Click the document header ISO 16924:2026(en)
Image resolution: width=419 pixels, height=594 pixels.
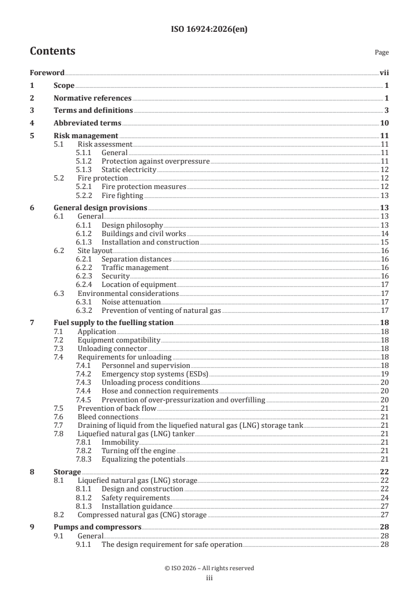tap(209, 30)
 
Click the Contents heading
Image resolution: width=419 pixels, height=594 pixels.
tap(52, 51)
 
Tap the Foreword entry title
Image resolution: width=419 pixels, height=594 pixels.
tap(47, 73)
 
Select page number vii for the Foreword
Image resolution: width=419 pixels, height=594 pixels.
tap(384, 73)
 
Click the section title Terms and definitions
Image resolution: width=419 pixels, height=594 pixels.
tap(93, 110)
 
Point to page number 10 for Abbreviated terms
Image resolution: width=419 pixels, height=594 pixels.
tap(385, 123)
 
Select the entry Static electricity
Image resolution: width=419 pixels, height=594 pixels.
tap(129, 169)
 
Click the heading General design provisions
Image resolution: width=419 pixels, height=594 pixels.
tap(100, 208)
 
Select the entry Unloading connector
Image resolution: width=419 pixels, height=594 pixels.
tap(112, 348)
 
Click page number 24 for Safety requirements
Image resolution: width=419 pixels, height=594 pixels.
tap(385, 498)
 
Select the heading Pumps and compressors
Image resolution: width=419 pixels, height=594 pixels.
tap(97, 527)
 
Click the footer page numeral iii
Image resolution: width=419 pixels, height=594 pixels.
tap(209, 578)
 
